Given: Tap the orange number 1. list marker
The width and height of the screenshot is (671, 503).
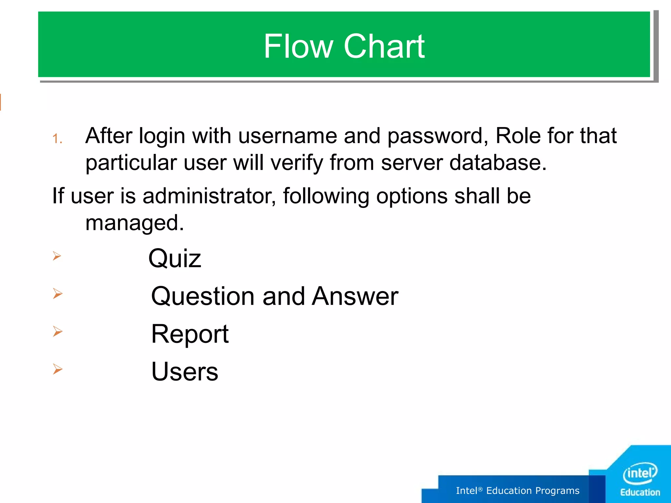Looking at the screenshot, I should pyautogui.click(x=57, y=139).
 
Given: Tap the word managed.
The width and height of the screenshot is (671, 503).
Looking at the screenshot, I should pyautogui.click(x=134, y=223).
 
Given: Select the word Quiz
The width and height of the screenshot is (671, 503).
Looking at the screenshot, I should pyautogui.click(x=175, y=259).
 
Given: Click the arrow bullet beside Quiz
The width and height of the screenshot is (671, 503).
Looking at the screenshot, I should pyautogui.click(x=57, y=256).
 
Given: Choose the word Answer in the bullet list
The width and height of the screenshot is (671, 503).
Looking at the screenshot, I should pyautogui.click(x=355, y=296).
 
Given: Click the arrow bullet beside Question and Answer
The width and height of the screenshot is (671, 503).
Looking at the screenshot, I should pyautogui.click(x=58, y=293).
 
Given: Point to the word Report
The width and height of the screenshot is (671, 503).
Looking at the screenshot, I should pyautogui.click(x=190, y=334).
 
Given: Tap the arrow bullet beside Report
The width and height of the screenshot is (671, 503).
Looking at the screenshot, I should pyautogui.click(x=58, y=331).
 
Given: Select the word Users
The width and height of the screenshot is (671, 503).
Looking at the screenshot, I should pyautogui.click(x=184, y=372).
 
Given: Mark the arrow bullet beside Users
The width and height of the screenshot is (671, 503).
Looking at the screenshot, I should pyautogui.click(x=58, y=369).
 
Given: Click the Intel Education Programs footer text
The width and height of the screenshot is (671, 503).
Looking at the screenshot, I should pyautogui.click(x=518, y=491).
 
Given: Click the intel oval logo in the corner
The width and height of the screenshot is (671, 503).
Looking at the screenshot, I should pyautogui.click(x=640, y=473).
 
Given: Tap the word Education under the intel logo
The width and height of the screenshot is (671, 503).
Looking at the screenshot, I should pyautogui.click(x=640, y=493).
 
